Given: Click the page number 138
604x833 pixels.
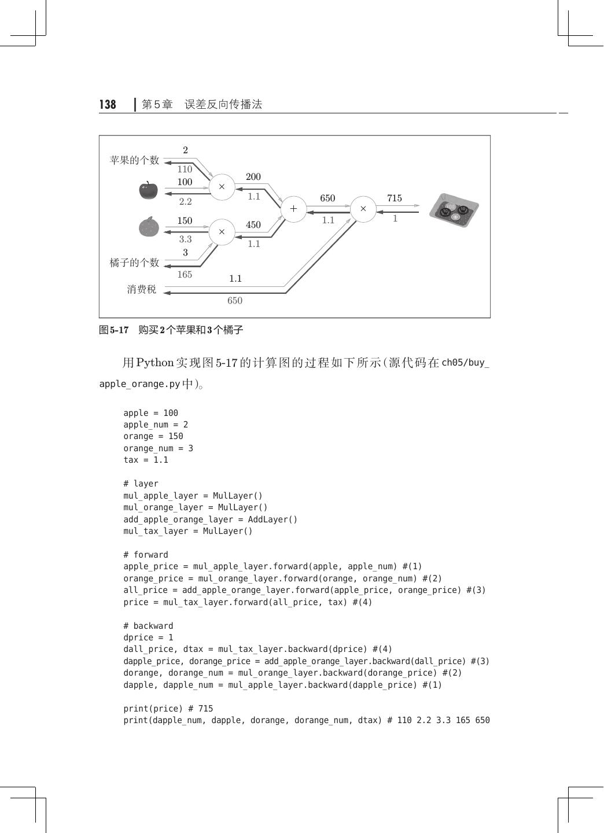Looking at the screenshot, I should click(x=108, y=105).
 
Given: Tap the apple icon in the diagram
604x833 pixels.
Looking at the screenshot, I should click(x=149, y=190).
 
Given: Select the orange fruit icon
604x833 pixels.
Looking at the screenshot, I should click(x=149, y=226).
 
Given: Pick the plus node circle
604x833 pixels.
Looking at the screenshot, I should click(x=293, y=209).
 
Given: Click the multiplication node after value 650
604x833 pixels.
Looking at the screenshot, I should click(x=363, y=209).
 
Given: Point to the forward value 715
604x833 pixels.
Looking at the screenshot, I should click(x=394, y=198).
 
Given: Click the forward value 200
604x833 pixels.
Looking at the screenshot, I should click(x=253, y=177).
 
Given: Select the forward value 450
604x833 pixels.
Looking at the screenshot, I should click(x=253, y=225).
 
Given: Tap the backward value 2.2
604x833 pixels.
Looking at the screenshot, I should click(x=185, y=202).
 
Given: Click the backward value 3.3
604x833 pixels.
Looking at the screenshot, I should click(x=185, y=239).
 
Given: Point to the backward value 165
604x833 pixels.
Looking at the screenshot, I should click(x=185, y=275).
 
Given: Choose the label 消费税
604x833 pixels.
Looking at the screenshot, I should click(x=142, y=289).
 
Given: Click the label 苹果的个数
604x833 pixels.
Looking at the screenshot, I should click(x=134, y=160).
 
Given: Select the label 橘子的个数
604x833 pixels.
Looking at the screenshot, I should click(x=134, y=263).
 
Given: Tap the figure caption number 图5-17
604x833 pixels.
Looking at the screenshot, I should click(x=114, y=330).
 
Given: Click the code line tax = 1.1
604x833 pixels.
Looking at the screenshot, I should click(x=146, y=460).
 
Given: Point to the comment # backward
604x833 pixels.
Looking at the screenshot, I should click(x=148, y=626).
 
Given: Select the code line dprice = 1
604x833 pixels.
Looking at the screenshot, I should click(x=148, y=637).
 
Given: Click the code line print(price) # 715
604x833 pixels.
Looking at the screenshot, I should click(x=168, y=709).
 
